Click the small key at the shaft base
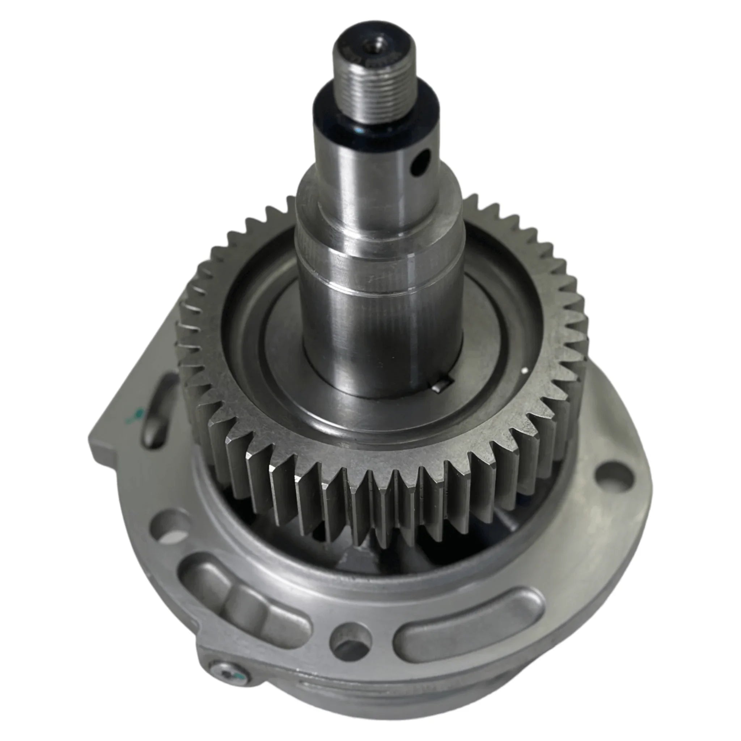(437, 388)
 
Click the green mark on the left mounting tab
(136, 416)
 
